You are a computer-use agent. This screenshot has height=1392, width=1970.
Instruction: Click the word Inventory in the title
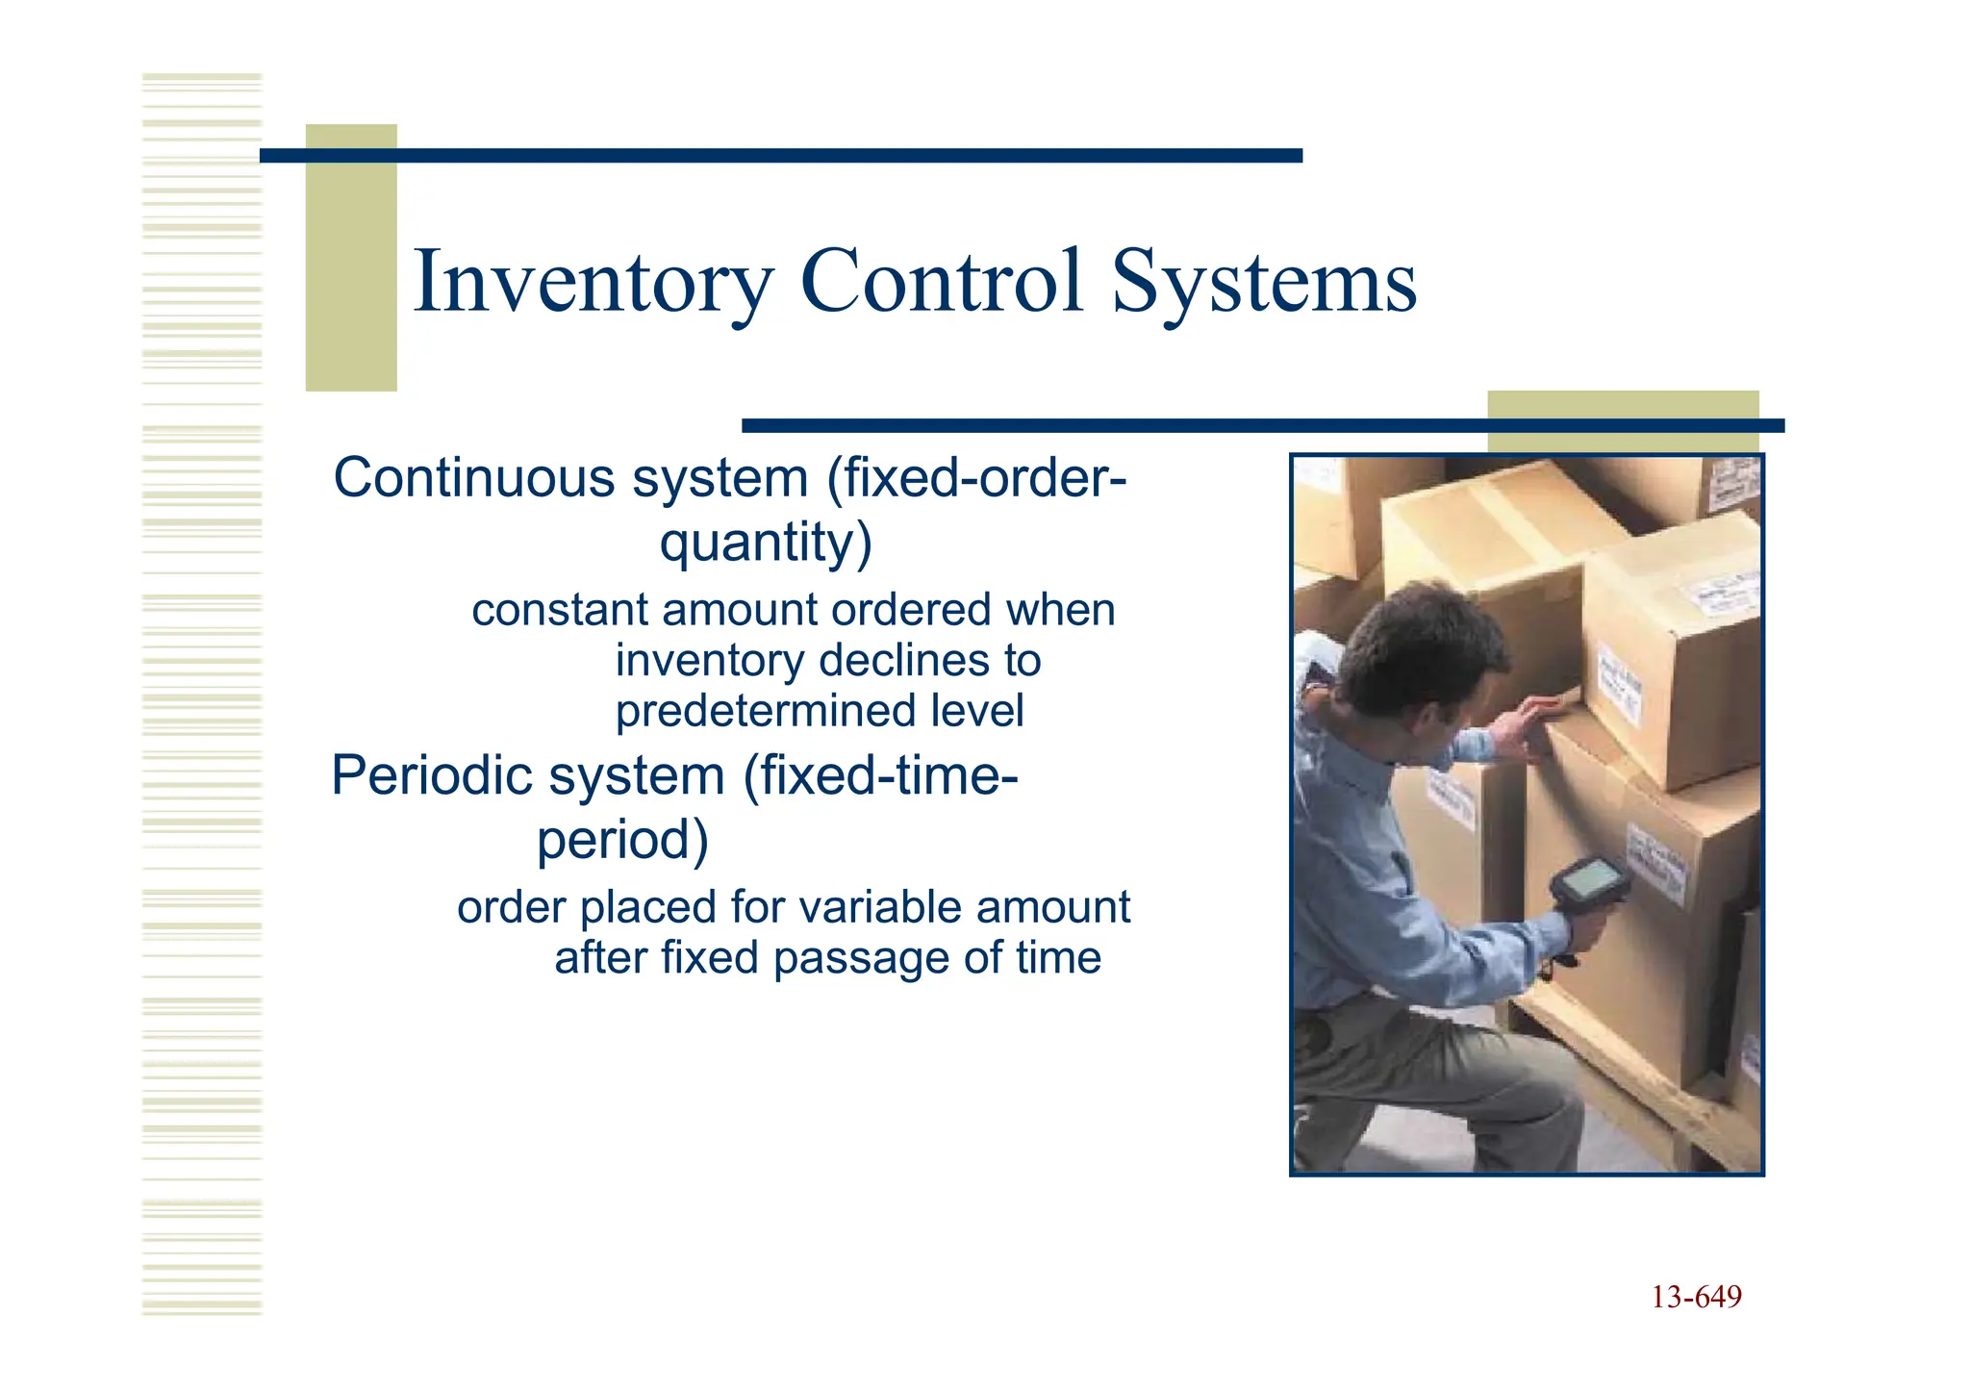(593, 282)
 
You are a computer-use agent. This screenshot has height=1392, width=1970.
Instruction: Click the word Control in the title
(941, 282)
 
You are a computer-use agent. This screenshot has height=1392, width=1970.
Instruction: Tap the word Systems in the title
(1263, 282)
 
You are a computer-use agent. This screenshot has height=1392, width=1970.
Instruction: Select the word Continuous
(473, 478)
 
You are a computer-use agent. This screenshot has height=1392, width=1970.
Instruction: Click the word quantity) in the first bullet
(766, 543)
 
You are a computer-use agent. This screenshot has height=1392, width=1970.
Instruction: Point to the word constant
(560, 610)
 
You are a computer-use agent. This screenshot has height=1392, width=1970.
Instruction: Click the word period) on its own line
(622, 840)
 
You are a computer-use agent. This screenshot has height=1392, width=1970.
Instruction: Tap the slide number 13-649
(1696, 1298)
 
